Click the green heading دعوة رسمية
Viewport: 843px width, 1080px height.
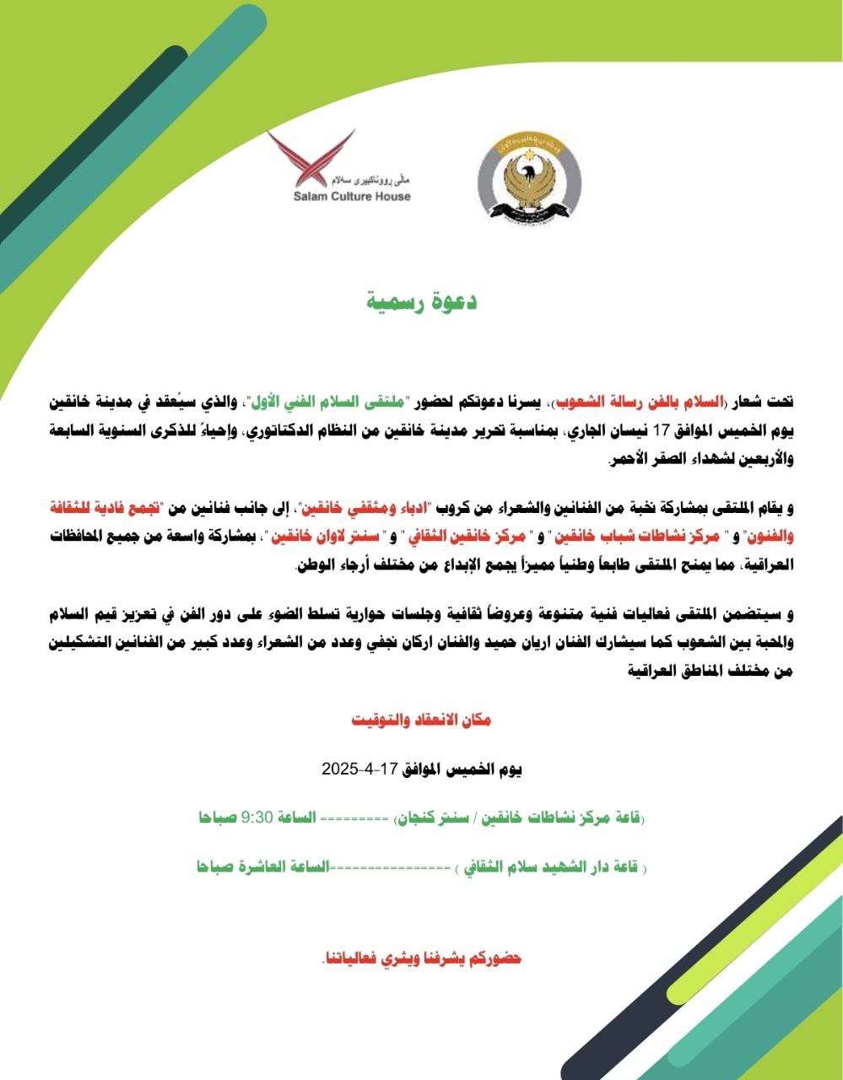click(x=422, y=301)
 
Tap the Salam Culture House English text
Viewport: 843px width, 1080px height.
click(x=352, y=197)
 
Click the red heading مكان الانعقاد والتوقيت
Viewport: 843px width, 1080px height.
click(x=421, y=720)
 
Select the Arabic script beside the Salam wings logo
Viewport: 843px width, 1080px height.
click(x=374, y=180)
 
